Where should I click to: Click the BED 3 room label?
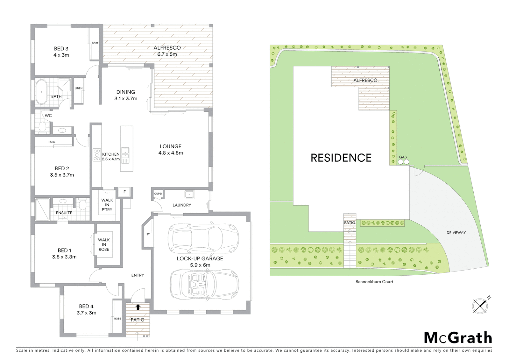(61, 49)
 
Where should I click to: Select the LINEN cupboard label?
(79, 88)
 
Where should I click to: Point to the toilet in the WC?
(42, 127)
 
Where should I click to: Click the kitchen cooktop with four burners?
(97, 155)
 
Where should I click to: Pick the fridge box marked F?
(125, 192)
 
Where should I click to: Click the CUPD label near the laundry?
(158, 194)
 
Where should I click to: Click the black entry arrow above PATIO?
(138, 307)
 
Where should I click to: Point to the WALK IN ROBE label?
(104, 244)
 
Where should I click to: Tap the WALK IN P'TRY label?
(107, 205)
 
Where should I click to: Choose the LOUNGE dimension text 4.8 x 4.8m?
(171, 153)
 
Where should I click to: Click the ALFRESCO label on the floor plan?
(167, 48)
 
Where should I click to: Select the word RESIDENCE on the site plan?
(341, 158)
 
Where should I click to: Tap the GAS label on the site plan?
(403, 157)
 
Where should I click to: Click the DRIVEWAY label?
(456, 232)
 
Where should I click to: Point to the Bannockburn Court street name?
(374, 282)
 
